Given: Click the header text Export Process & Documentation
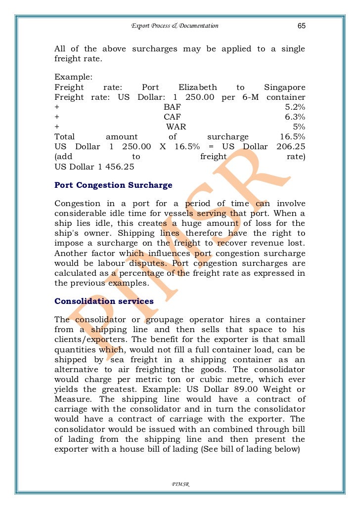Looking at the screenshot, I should coord(175,26).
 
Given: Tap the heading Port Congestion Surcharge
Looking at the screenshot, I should coord(113,185).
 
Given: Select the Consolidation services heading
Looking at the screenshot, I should coord(104,301).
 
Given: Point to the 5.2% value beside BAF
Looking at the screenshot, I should coord(295,107).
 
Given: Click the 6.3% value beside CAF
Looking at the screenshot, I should coord(295,117).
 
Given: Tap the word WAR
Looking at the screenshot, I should coord(176,127).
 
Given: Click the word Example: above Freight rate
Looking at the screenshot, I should coord(70,78).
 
